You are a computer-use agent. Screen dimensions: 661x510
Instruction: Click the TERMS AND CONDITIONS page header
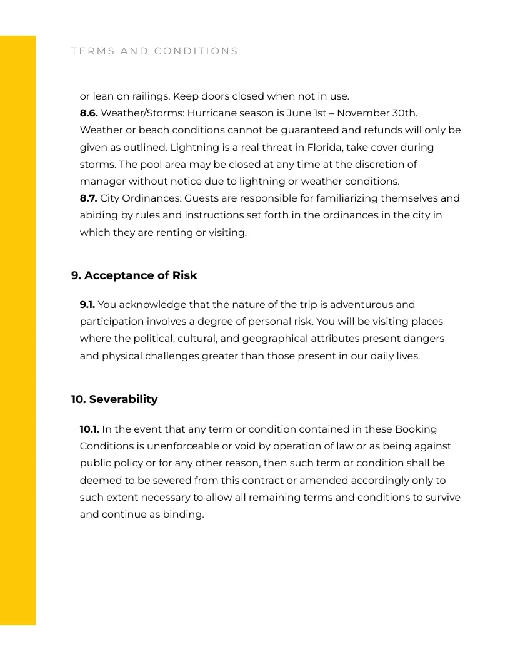[x=154, y=51]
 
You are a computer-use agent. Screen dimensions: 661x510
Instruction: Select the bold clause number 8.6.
[x=89, y=113]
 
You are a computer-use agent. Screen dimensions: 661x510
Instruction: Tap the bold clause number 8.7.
[x=89, y=198]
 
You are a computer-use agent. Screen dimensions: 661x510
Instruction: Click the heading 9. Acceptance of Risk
[x=134, y=275]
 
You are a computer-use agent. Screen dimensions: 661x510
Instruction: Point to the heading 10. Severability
[x=114, y=399]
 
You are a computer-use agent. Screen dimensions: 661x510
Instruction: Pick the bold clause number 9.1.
[x=87, y=305]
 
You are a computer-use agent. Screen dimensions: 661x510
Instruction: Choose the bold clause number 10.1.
[x=89, y=429]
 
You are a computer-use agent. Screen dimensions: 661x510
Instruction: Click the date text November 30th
[x=377, y=113]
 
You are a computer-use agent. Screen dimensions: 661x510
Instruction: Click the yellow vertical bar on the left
[x=17, y=330]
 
